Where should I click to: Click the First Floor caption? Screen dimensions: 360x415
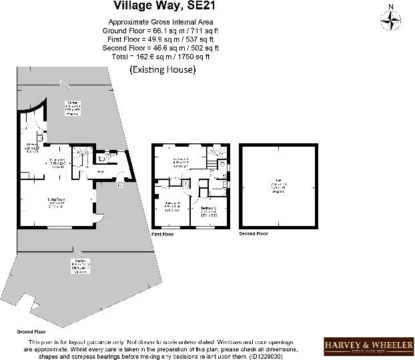(166, 234)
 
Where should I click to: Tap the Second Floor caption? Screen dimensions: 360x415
(254, 234)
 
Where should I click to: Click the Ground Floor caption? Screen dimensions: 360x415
(31, 331)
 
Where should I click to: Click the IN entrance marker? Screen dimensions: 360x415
(121, 186)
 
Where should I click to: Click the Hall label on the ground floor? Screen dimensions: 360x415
(100, 171)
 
